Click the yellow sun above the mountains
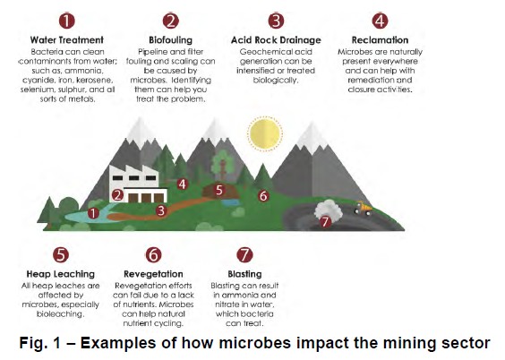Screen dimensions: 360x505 pos(266,134)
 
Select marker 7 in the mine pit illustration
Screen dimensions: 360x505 pos(326,221)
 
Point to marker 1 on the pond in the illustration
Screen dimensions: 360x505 pos(93,213)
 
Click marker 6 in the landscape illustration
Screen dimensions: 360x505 pos(263,195)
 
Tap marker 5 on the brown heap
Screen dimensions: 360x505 pos(218,190)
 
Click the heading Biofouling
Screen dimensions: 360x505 pos(171,40)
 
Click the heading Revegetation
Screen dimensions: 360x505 pos(153,273)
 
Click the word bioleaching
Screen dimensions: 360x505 pos(60,313)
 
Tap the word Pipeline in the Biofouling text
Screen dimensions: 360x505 pos(154,52)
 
